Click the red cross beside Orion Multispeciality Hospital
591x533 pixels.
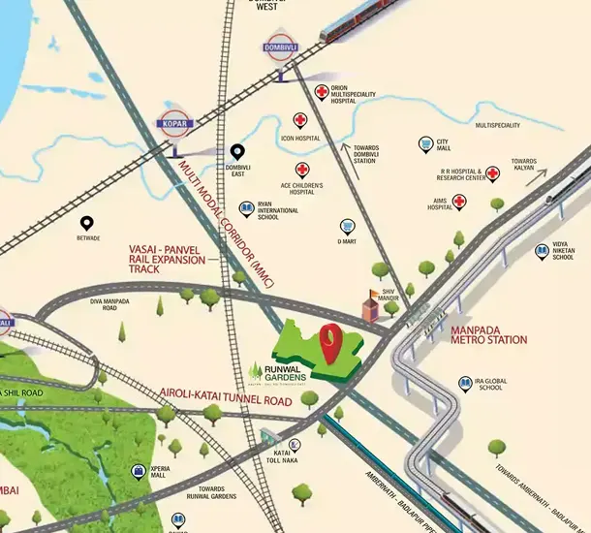coord(322,93)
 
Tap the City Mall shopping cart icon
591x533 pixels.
coord(425,144)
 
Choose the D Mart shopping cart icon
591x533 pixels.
coord(346,223)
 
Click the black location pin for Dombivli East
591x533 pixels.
coord(237,152)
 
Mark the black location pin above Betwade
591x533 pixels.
coord(87,223)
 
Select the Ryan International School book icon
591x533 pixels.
coord(246,209)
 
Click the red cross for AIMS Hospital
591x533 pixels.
coord(460,203)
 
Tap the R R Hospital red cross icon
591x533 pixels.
coord(493,174)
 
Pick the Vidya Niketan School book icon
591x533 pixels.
coord(542,251)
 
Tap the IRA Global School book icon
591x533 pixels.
coord(466,384)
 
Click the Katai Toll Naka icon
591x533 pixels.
coord(295,446)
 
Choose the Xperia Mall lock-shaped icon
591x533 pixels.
coord(139,472)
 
